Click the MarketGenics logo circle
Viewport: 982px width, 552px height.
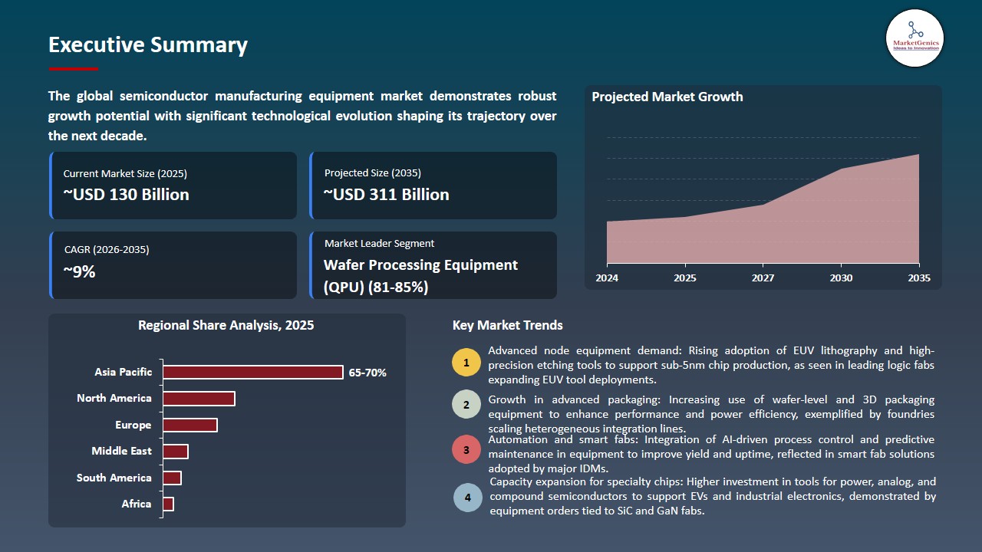click(x=914, y=38)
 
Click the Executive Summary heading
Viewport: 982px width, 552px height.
click(x=148, y=45)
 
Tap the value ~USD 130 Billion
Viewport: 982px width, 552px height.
click(x=127, y=195)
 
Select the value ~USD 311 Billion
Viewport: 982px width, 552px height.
click(x=387, y=195)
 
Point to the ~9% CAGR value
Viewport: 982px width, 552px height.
click(x=79, y=271)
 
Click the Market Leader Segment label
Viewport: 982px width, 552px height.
click(x=379, y=244)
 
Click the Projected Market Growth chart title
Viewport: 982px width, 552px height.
click(x=667, y=97)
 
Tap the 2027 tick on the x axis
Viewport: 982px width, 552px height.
click(x=763, y=278)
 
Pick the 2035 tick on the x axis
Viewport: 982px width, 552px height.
click(x=918, y=278)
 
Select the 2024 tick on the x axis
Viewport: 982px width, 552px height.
click(x=607, y=278)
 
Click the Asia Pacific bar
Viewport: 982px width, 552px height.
click(x=253, y=373)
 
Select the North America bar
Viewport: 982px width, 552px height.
click(x=199, y=399)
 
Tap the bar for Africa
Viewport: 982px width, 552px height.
click(x=168, y=504)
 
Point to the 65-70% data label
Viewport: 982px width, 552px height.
click(x=367, y=373)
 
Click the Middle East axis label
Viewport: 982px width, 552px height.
click(x=121, y=452)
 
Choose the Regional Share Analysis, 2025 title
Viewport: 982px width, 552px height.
click(x=226, y=326)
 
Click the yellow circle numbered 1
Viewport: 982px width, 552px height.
click(x=466, y=362)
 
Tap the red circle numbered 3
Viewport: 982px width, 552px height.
click(x=466, y=449)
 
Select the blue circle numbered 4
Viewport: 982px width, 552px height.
click(x=467, y=498)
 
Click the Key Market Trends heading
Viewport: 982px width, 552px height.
click(x=507, y=326)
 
